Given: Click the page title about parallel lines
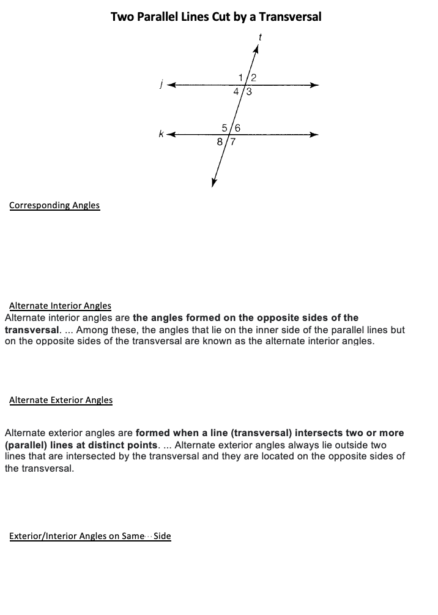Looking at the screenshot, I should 216,17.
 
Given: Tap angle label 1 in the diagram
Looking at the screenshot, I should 243,77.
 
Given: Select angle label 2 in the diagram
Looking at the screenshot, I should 253,77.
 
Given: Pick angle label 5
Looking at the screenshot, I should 225,128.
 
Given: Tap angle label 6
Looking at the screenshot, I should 237,128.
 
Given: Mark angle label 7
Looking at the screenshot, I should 233,142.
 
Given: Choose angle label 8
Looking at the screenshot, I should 220,142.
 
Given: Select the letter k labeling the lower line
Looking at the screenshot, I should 161,134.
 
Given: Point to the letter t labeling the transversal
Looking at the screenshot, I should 260,37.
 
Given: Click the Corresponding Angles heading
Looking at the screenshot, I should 54,205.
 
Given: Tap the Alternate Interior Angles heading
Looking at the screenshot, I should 60,305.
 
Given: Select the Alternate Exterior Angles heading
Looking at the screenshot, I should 61,400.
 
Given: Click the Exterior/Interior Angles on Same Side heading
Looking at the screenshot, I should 90,536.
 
